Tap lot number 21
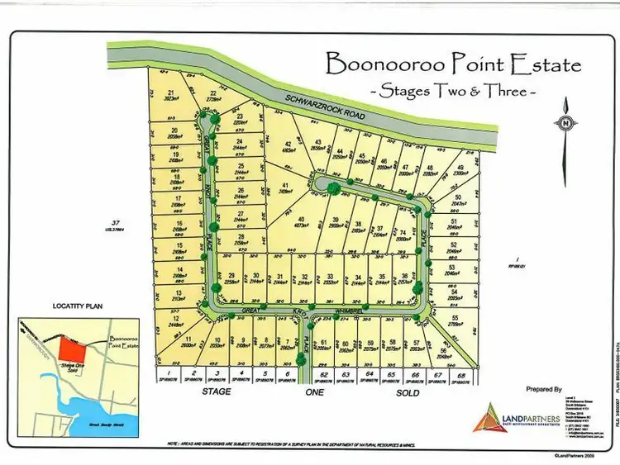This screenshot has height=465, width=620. [x=171, y=94]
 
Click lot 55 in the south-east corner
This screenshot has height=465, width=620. [x=455, y=320]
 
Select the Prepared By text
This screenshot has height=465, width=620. [x=543, y=388]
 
